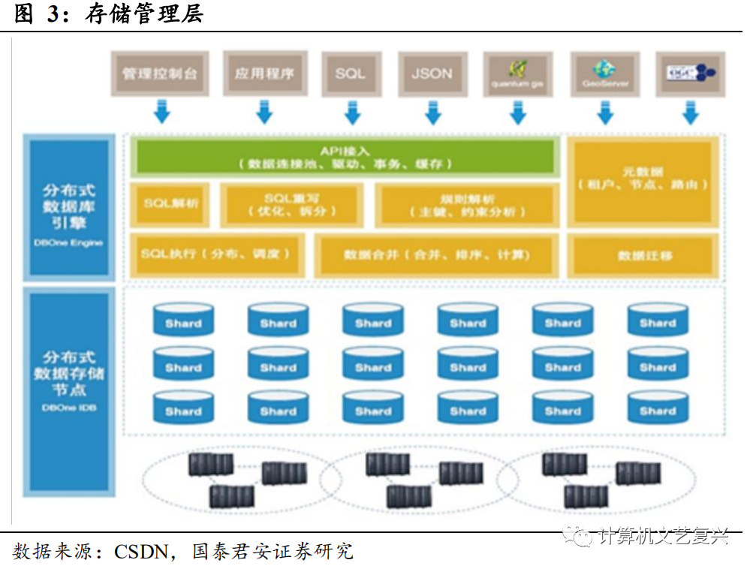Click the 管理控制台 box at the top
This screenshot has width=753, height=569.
160,73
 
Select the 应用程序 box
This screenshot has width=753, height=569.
264,73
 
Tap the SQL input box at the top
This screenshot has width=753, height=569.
350,73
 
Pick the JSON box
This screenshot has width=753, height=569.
432,73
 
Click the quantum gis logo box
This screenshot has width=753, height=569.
517,73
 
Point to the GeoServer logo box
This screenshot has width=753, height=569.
605,73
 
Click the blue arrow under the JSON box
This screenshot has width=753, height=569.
432,112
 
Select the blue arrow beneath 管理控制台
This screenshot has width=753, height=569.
161,112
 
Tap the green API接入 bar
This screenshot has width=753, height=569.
345,157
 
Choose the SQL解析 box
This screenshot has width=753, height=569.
171,203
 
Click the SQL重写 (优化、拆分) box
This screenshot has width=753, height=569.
292,204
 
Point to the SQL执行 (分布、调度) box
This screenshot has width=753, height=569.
215,254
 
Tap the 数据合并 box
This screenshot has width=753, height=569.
437,255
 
